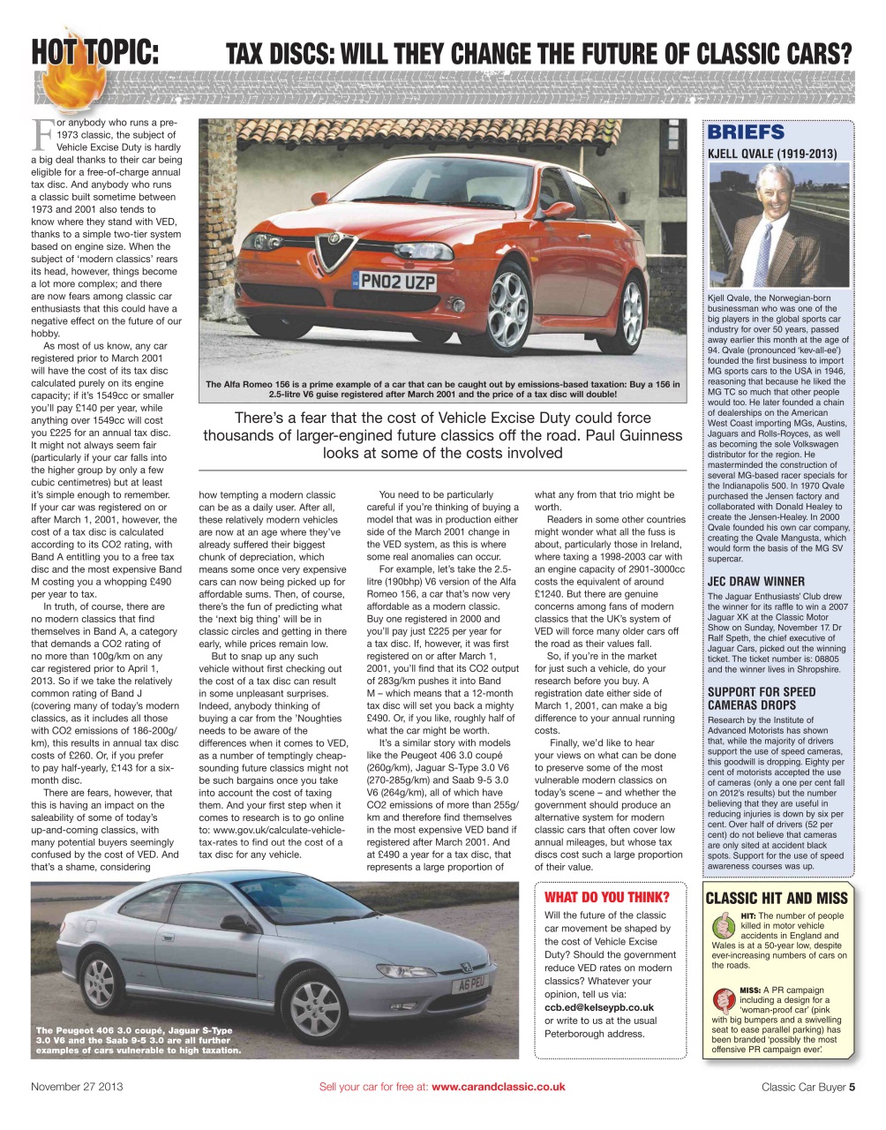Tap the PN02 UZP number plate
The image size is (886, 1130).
[399, 282]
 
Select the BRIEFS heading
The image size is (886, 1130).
[746, 132]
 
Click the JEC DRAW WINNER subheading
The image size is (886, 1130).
[755, 581]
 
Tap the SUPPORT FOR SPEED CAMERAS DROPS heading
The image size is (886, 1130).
[761, 698]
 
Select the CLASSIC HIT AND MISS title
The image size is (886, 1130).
[777, 898]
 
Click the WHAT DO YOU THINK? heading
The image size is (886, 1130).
[607, 897]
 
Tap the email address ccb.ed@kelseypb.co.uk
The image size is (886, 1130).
[599, 1007]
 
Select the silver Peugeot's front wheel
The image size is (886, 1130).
[316, 1007]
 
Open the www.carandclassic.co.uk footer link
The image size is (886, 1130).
[498, 1087]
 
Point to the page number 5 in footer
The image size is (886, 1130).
[852, 1087]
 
